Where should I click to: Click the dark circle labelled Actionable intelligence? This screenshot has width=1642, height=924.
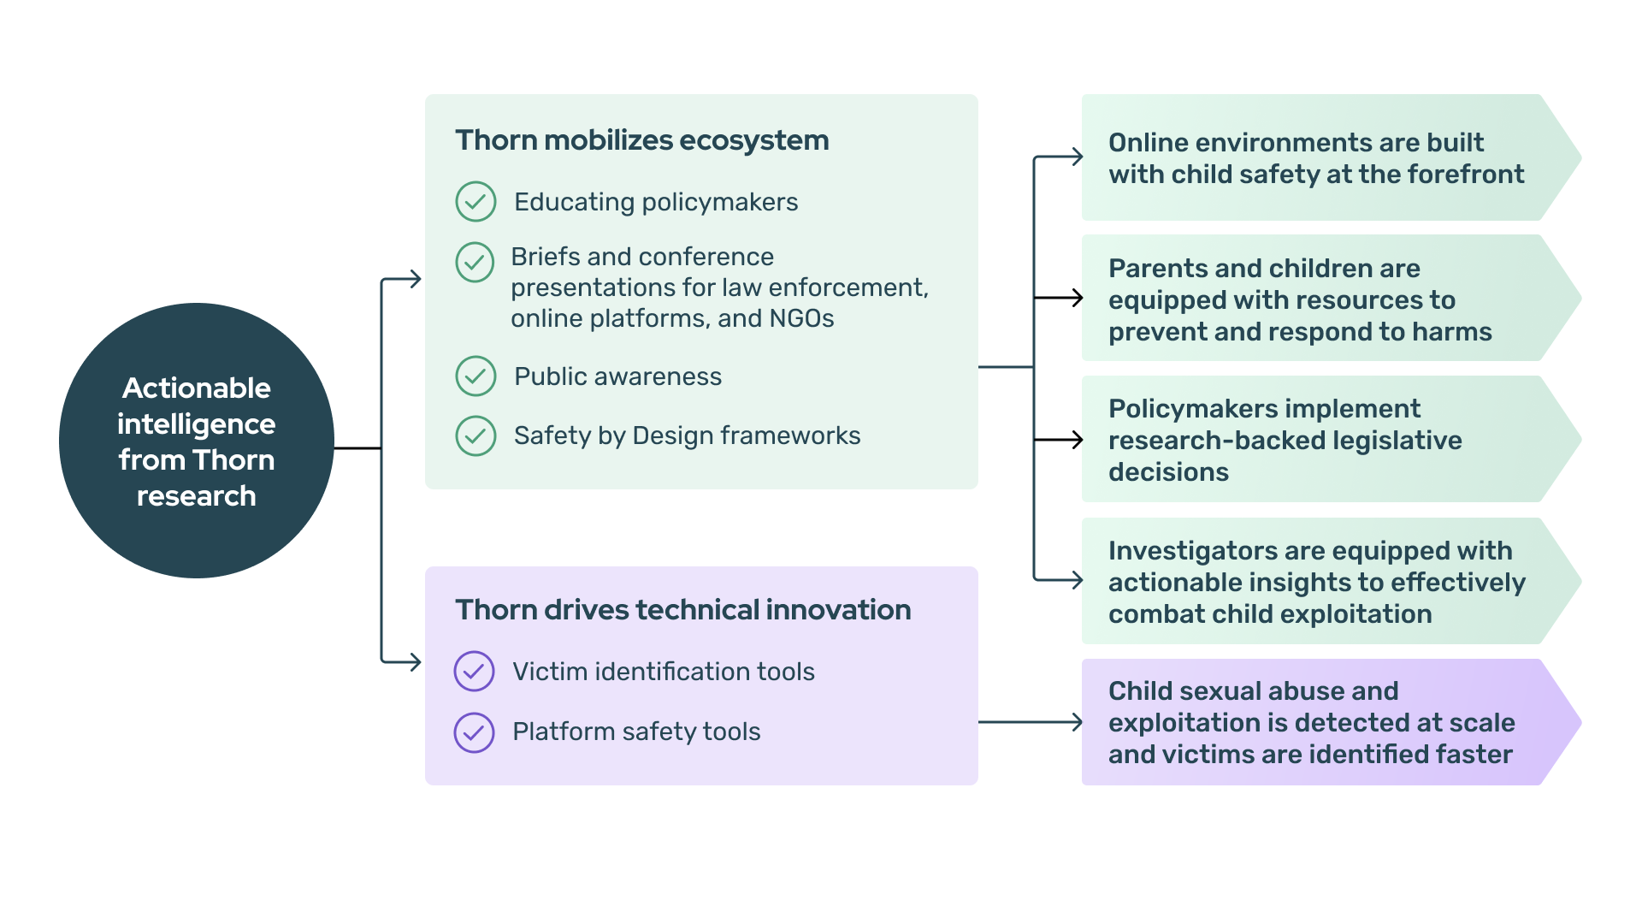tap(197, 441)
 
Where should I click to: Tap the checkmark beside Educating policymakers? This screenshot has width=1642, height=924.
tap(475, 202)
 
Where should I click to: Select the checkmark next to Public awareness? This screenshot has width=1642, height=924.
tap(475, 376)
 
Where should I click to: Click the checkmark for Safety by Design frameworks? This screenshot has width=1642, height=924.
tap(475, 435)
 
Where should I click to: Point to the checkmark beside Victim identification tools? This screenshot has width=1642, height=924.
tap(474, 672)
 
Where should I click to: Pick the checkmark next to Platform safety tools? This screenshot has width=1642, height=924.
tap(474, 732)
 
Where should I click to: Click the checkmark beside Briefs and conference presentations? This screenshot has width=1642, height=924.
tap(475, 262)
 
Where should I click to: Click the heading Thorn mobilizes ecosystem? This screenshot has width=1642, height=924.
tap(642, 140)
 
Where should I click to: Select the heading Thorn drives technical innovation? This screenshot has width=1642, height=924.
tap(683, 610)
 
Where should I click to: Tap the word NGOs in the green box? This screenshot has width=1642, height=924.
tap(801, 318)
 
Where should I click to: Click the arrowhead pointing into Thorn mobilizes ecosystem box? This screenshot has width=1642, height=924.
tap(415, 279)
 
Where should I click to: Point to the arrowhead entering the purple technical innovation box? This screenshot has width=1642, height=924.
tap(415, 661)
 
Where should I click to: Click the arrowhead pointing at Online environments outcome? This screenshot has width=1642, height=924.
tap(1077, 157)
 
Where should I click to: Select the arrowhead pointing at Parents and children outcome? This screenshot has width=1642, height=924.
tap(1077, 298)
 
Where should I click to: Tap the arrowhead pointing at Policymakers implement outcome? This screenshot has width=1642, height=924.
tap(1077, 440)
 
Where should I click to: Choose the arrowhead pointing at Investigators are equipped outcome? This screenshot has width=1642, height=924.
tap(1077, 580)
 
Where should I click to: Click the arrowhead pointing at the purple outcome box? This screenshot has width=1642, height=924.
tap(1077, 722)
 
